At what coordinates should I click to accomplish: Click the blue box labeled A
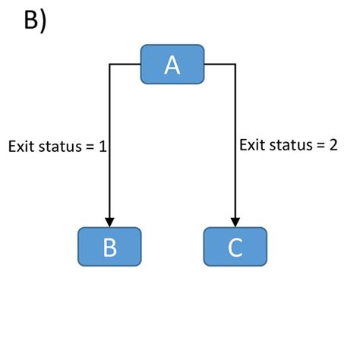tap(172, 65)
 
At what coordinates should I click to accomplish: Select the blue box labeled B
tap(109, 247)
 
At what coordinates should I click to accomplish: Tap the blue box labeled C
tap(235, 247)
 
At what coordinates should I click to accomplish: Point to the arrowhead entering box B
tap(110, 223)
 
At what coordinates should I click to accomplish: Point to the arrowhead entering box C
tap(236, 223)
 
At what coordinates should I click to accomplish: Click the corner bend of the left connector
tap(110, 65)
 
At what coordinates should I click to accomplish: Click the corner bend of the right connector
tap(236, 65)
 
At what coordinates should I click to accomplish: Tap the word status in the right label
tap(289, 144)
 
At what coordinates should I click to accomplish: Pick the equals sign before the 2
tap(321, 144)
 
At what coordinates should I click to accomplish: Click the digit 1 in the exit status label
tap(101, 147)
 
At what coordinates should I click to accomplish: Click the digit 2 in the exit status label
tap(333, 144)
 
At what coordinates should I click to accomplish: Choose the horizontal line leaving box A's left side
tap(125, 65)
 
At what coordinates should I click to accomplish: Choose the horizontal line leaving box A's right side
tap(220, 65)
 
